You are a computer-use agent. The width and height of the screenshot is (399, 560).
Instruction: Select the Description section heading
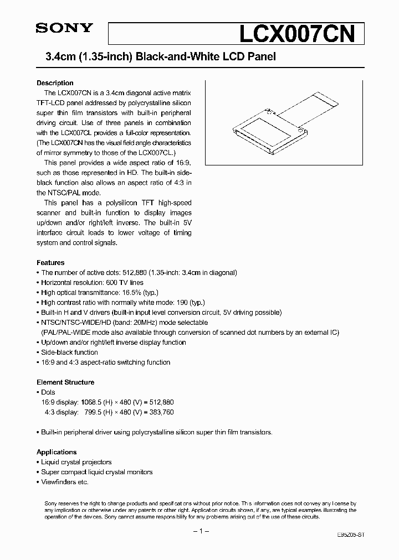pyautogui.click(x=55, y=83)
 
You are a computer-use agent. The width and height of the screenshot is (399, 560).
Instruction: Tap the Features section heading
pyautogui.click(x=50, y=262)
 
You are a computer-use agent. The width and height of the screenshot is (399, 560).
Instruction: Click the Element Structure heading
pyautogui.click(x=65, y=382)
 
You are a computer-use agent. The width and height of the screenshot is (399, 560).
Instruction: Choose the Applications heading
pyautogui.click(x=57, y=452)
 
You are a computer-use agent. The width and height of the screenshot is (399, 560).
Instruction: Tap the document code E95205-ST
pyautogui.click(x=351, y=536)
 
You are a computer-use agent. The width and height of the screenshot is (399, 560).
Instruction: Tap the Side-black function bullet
pyautogui.click(x=69, y=352)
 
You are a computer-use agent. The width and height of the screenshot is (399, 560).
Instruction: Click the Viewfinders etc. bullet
pyautogui.click(x=64, y=481)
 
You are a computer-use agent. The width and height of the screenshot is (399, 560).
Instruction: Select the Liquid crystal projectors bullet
pyautogui.click(x=76, y=462)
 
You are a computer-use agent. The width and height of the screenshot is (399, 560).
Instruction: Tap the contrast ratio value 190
pyautogui.click(x=180, y=302)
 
